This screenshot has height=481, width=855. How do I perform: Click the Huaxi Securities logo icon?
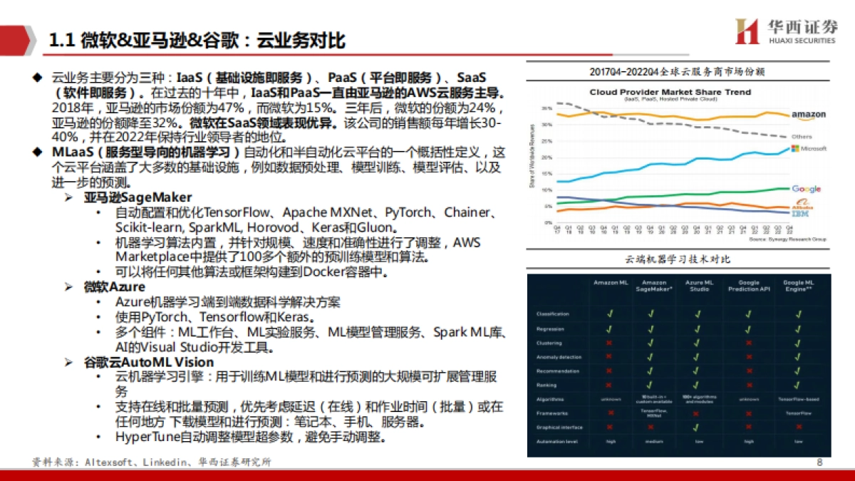click(x=747, y=31)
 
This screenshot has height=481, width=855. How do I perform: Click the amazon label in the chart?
click(x=808, y=115)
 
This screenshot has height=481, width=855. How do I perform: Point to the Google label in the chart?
click(x=807, y=189)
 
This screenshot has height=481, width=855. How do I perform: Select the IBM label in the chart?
click(x=803, y=213)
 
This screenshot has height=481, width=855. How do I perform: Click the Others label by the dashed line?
click(x=802, y=136)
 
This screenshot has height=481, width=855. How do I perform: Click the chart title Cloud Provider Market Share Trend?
click(x=670, y=93)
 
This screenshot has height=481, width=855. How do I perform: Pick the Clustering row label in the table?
click(x=550, y=343)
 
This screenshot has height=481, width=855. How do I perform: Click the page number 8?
click(x=819, y=462)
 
